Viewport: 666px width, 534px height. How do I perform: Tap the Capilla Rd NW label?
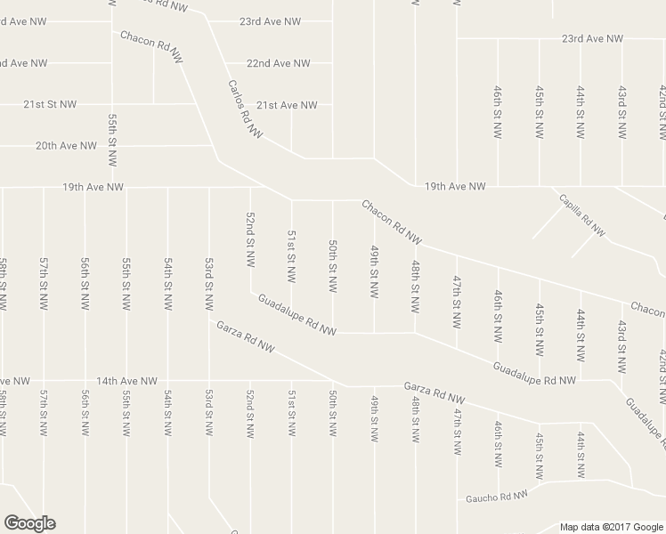point(582,215)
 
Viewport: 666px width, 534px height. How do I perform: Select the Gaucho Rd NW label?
point(497,495)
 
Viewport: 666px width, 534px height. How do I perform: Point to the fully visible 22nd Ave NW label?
point(279,64)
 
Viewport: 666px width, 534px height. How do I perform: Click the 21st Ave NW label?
point(287,105)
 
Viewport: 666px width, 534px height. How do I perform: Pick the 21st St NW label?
point(50,104)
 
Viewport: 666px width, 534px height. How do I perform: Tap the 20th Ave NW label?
point(66,146)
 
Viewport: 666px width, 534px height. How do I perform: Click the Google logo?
point(29,522)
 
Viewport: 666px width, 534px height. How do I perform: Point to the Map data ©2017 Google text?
point(611,526)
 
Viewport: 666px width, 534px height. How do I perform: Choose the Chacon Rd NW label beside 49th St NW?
point(391,222)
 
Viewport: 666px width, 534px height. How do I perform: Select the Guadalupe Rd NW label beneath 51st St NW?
point(296,315)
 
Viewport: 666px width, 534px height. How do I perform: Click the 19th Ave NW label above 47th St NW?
point(455,187)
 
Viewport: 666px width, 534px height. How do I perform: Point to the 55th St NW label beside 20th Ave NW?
point(112,141)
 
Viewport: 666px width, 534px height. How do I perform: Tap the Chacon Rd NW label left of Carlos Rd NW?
point(152,48)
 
